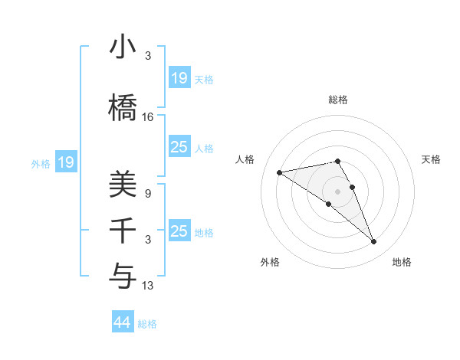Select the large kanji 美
click(x=123, y=185)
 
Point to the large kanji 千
click(x=123, y=231)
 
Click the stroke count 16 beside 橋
click(x=148, y=116)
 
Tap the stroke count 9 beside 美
click(x=148, y=194)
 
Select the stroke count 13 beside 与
click(x=148, y=286)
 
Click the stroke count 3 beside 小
click(x=148, y=56)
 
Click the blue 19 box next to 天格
click(x=179, y=77)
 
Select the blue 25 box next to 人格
click(x=179, y=147)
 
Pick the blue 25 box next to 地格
click(x=179, y=231)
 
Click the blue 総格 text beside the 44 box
click(x=148, y=324)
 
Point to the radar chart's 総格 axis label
click(x=337, y=100)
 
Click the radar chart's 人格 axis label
click(x=245, y=159)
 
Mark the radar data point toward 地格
click(x=374, y=242)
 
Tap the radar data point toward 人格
click(x=280, y=172)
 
